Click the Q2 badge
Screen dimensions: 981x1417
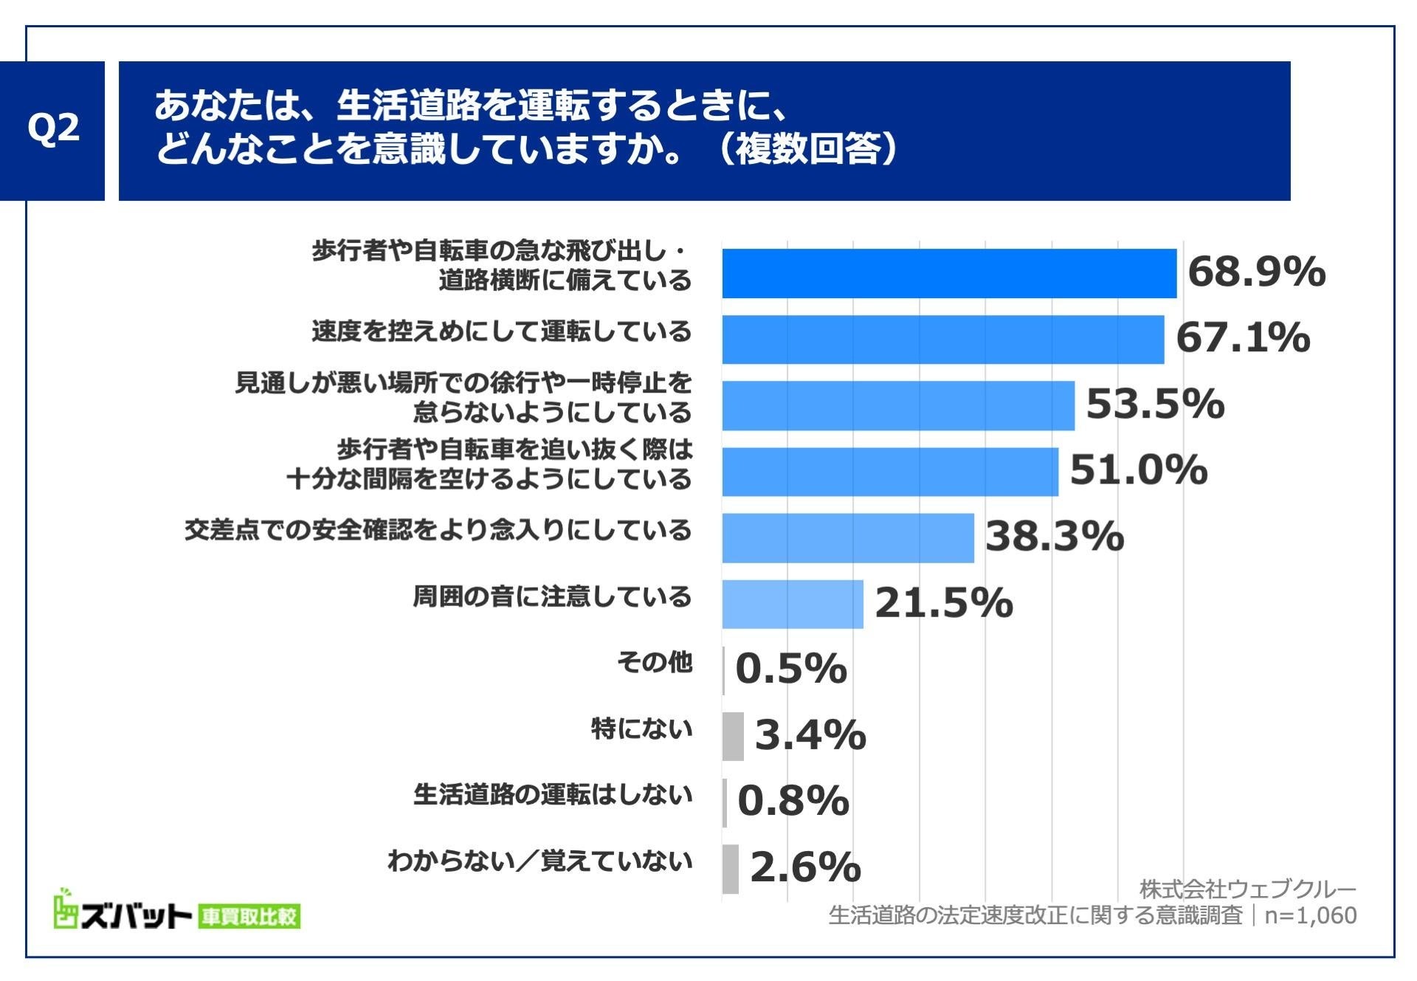coord(52,130)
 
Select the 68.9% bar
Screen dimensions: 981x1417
coord(948,273)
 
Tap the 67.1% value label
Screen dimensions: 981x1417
coord(1242,337)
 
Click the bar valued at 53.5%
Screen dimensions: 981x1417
coord(897,405)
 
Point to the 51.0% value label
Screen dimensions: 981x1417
coord(1138,469)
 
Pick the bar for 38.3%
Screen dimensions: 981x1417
coord(847,537)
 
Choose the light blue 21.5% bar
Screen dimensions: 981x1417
coord(792,604)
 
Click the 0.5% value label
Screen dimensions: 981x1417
coord(790,669)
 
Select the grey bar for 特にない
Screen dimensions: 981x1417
coord(732,736)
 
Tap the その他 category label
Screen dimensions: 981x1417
coord(654,662)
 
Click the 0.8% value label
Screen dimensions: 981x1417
coord(793,801)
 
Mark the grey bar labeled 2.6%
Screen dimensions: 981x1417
coord(730,868)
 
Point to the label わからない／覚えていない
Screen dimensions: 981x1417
coord(539,861)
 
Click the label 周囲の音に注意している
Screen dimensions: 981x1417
coord(551,596)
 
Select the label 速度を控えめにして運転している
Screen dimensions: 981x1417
coord(501,331)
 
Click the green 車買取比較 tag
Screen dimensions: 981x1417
coord(249,917)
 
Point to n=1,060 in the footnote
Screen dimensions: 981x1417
coord(1310,915)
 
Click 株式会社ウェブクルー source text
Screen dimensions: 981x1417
coord(1247,888)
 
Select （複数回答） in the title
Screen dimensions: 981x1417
coord(807,148)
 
